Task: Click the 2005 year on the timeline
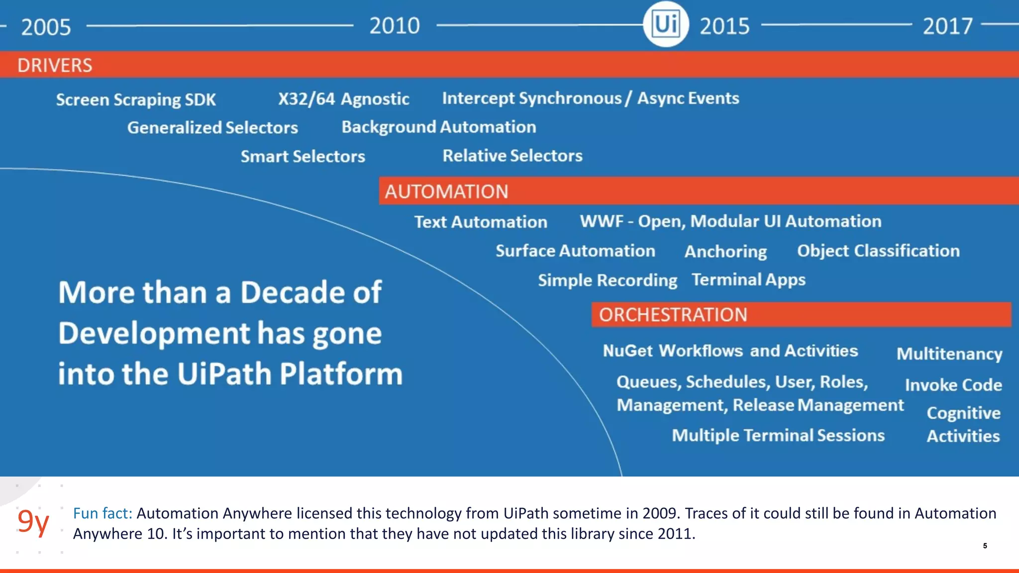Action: (46, 27)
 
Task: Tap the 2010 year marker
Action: (394, 26)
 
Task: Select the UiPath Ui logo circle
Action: (665, 24)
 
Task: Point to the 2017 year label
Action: (947, 26)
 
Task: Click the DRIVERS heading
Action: (55, 65)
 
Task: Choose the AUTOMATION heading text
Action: (446, 191)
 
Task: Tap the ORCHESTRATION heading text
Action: (673, 315)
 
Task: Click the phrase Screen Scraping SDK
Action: (136, 99)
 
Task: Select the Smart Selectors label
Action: (303, 157)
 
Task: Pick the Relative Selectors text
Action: (512, 156)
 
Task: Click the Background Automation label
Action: (438, 127)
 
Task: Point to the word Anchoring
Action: (725, 252)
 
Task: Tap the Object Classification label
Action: (878, 251)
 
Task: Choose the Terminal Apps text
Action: (748, 280)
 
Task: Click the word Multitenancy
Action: (949, 354)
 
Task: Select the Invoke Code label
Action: (953, 385)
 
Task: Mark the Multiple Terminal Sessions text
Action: (778, 436)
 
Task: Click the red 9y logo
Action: (33, 521)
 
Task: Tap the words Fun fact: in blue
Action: (102, 513)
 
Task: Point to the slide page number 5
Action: (985, 546)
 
